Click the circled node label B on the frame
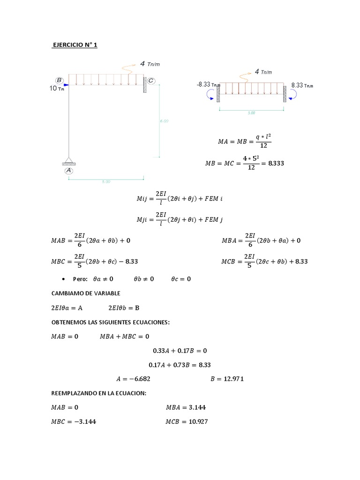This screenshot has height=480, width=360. [x=60, y=80]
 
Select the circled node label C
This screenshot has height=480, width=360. [x=150, y=81]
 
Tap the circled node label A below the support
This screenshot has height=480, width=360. [x=69, y=171]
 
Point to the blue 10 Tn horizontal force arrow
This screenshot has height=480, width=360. [x=65, y=85]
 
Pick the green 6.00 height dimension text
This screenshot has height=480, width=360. [x=164, y=121]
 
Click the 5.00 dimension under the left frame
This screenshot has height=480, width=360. [x=106, y=182]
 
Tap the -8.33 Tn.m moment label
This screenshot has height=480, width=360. [x=209, y=85]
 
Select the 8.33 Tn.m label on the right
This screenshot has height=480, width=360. [x=300, y=85]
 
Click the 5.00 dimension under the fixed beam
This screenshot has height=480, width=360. [x=251, y=113]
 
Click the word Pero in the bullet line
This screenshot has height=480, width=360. [x=80, y=279]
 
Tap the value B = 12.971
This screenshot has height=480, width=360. [x=227, y=379]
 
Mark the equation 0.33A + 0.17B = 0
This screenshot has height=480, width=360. [x=180, y=350]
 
